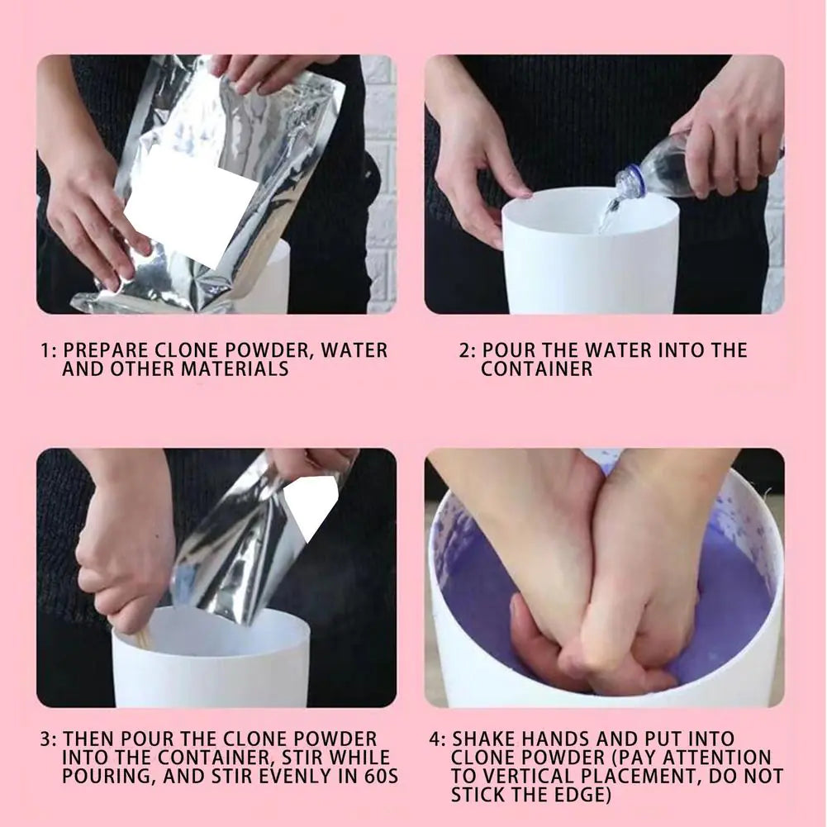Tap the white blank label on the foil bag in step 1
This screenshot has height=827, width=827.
(190, 207)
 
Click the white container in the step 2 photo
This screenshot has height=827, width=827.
(590, 256)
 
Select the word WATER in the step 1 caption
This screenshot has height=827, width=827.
(354, 349)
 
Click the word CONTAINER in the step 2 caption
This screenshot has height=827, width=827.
(537, 369)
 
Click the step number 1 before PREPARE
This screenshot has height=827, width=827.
(46, 350)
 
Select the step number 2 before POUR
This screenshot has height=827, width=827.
(465, 350)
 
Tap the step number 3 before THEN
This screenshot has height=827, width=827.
(46, 739)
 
